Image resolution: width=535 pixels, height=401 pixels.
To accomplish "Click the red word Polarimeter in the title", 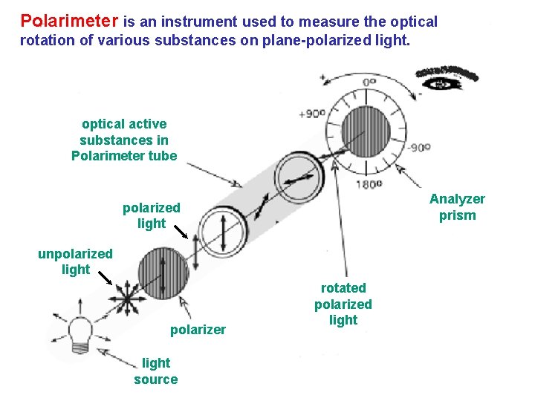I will click(69, 22).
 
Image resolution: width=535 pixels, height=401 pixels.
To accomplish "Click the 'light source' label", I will click(155, 371).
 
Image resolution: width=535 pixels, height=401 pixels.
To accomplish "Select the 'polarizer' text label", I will click(198, 330).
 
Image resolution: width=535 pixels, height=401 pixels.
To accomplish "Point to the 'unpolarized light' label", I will click(75, 261).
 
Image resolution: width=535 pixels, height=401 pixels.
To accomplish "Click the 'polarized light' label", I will click(152, 215).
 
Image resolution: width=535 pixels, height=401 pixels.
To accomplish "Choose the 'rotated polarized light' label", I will click(343, 304).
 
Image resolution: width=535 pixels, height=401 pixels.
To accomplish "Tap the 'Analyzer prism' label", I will click(457, 207).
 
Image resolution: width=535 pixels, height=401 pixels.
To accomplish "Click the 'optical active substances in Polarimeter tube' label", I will click(124, 140).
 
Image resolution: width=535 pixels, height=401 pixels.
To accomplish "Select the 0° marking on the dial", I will click(369, 82).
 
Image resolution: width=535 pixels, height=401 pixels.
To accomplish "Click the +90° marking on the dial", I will click(311, 114).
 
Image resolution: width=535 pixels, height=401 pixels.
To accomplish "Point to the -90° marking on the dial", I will click(419, 147).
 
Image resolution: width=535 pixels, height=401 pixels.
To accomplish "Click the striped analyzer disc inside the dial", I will click(366, 132).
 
